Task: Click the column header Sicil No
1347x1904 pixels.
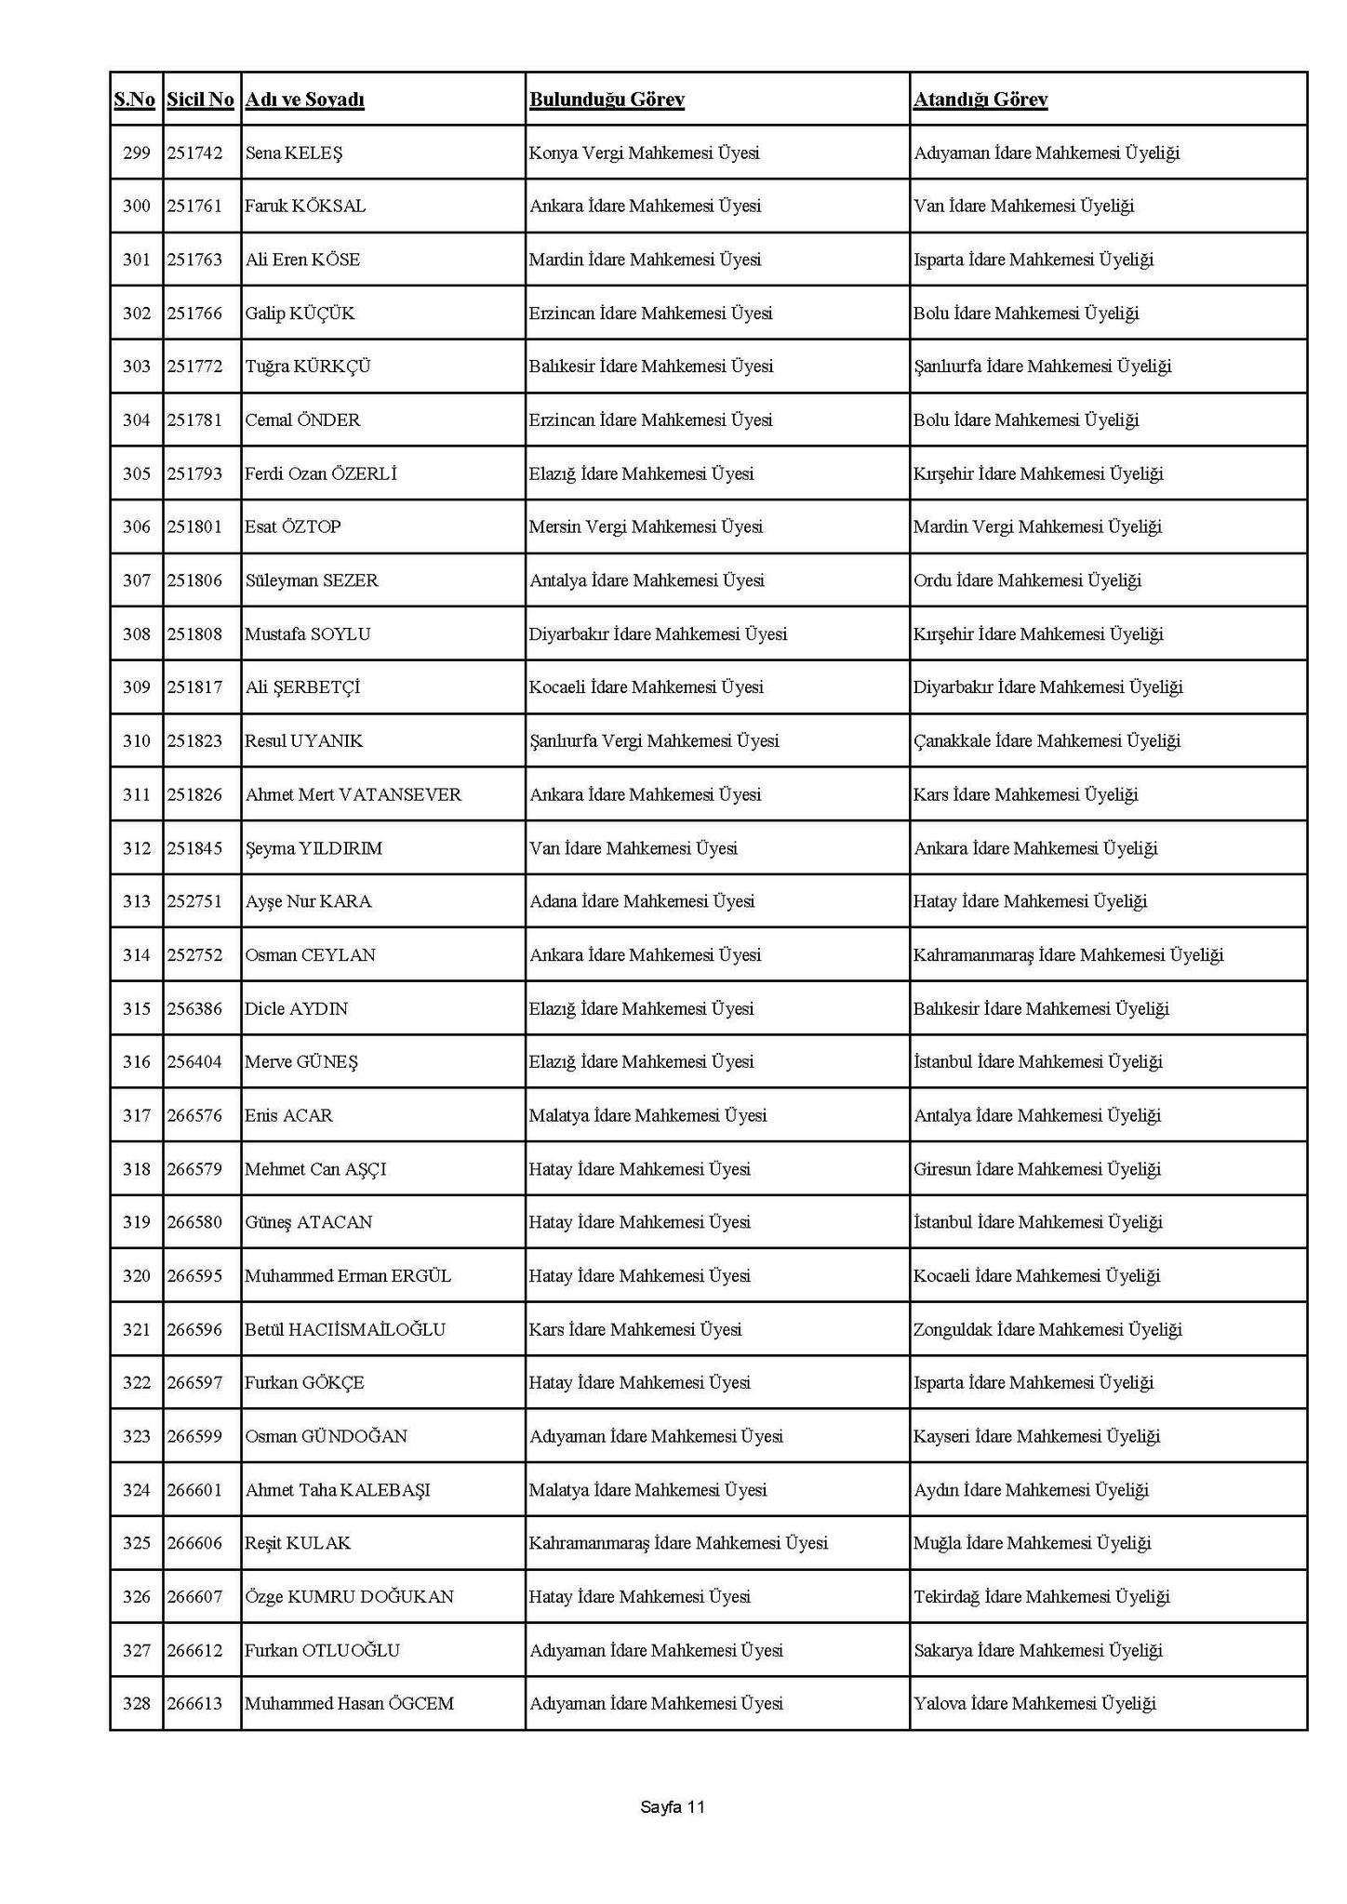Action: (200, 100)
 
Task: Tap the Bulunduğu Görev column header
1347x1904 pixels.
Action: (607, 100)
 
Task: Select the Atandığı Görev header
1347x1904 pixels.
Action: (980, 100)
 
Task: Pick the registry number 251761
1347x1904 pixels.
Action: (194, 206)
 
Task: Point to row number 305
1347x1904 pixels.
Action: (136, 474)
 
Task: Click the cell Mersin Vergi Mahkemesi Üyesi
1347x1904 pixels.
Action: (646, 527)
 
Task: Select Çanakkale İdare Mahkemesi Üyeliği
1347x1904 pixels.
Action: (1047, 741)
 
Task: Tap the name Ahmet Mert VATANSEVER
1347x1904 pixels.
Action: (353, 795)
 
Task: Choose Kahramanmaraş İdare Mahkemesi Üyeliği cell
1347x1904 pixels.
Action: (1068, 955)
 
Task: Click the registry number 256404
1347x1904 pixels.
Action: (194, 1062)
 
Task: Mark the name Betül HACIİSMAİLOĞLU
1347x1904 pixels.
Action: (344, 1330)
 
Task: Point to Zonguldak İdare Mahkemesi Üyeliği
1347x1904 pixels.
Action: (1047, 1330)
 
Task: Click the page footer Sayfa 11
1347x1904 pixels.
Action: (673, 1807)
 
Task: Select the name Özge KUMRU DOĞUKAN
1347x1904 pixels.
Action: (349, 1597)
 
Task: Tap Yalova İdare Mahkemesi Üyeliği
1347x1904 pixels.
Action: (1034, 1704)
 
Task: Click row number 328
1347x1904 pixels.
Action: (136, 1704)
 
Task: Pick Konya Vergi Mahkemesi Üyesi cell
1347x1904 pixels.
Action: (644, 153)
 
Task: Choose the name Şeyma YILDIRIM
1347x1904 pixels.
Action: (313, 848)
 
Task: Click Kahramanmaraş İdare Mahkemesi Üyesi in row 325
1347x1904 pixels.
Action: (678, 1543)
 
